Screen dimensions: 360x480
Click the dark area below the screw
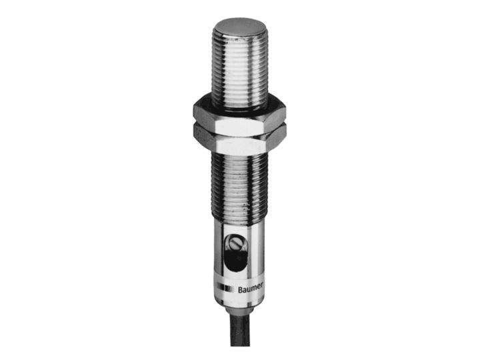click(235, 261)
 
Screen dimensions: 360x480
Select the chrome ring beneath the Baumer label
click(238, 302)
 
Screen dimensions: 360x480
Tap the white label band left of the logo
click(219, 289)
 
